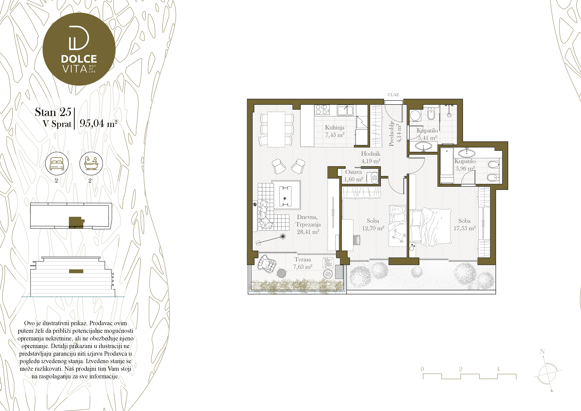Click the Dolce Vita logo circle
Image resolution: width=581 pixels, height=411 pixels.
point(79,49)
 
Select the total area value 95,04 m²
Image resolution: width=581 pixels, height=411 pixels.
point(98,123)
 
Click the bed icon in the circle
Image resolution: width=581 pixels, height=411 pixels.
point(57,163)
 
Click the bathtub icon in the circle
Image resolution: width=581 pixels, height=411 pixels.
point(91,163)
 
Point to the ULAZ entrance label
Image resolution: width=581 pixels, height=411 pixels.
point(393,95)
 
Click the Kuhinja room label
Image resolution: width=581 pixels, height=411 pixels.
point(335,128)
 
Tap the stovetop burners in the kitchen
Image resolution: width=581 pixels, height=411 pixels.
point(322,110)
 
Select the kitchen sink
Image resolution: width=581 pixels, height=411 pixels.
point(345,110)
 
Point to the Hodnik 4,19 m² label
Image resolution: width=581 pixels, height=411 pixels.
point(371,157)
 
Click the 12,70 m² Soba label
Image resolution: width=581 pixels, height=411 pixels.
point(373,224)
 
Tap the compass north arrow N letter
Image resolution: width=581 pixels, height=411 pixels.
point(542,352)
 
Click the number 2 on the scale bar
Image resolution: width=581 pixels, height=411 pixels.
point(461,369)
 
